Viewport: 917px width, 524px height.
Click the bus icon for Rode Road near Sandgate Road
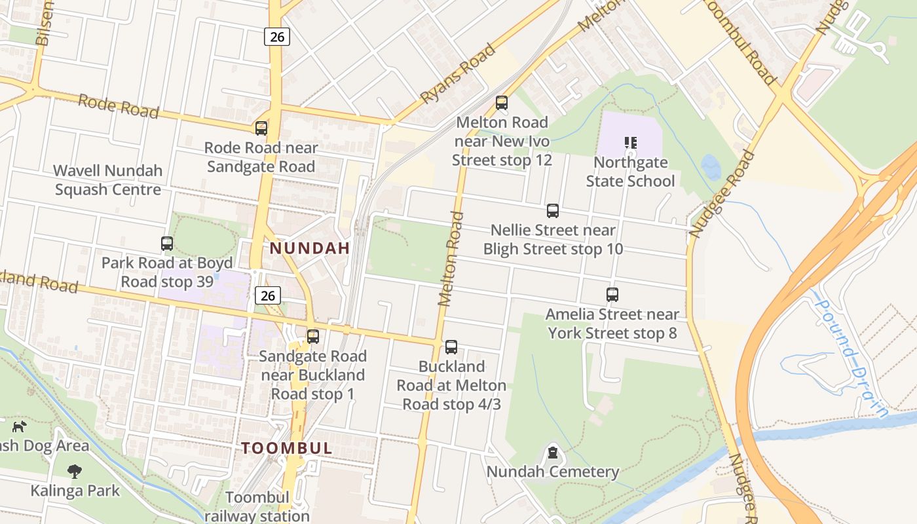tap(261, 128)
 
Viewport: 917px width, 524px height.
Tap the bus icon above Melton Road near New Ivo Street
tap(502, 103)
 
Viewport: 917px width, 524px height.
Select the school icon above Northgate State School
tap(631, 142)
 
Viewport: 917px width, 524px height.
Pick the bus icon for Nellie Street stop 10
tap(553, 211)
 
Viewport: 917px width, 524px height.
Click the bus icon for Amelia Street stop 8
tap(612, 295)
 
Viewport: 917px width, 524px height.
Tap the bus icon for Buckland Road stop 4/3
tap(451, 347)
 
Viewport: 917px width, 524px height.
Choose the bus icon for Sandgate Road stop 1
tap(313, 337)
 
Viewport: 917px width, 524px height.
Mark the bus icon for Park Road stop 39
tap(167, 244)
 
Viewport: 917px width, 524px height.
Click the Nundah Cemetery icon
tap(553, 453)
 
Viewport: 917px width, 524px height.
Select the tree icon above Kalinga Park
tap(75, 471)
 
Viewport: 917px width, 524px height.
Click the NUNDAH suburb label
tap(310, 249)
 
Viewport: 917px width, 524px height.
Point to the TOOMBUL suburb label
tap(287, 449)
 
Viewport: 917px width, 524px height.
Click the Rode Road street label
tap(119, 106)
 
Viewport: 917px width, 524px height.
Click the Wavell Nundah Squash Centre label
tap(108, 180)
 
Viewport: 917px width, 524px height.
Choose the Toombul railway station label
tap(257, 507)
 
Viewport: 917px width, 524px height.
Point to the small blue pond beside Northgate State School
tap(711, 167)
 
